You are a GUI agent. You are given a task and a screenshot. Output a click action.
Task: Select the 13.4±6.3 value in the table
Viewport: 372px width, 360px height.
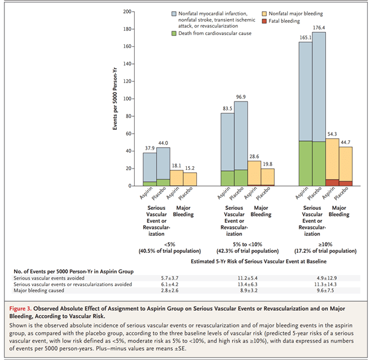pyautogui.click(x=242, y=284)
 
